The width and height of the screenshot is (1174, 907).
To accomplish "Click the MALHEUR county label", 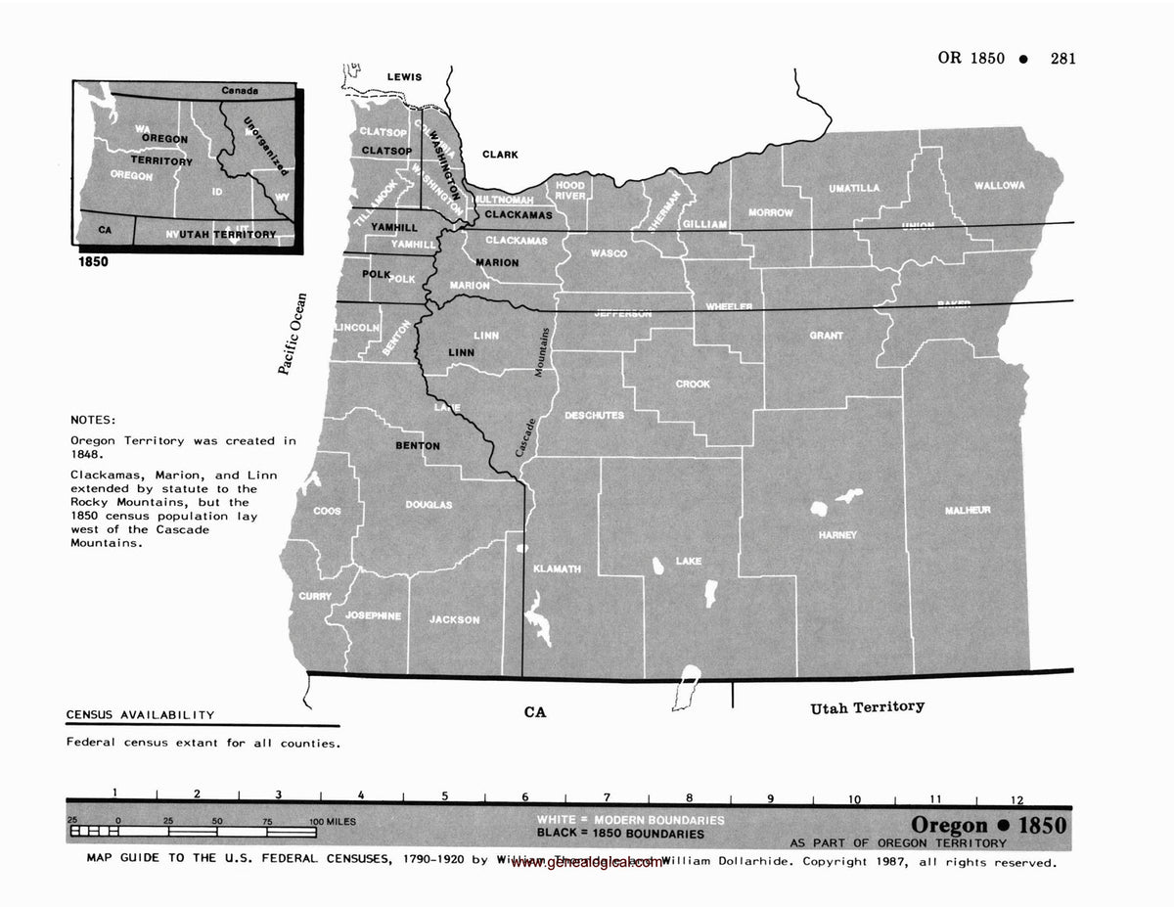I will pos(968,510).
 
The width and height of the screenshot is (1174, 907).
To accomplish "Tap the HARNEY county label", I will pos(837,535).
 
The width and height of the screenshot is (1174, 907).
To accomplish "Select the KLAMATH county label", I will pos(557,568).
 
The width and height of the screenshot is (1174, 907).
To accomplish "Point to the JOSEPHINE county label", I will pos(372,615).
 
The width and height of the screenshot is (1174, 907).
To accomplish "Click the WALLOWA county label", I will pos(999,185).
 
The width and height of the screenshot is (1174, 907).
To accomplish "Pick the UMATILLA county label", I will pos(854,188).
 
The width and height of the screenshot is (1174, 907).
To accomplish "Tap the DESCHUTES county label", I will pos(594,415).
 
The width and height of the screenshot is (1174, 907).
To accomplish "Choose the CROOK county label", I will pos(693,385).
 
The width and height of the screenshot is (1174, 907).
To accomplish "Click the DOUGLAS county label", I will pos(429,505).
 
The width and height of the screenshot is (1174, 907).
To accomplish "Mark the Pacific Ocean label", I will pos(292,334).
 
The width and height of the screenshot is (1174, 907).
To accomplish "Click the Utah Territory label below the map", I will pos(867,707).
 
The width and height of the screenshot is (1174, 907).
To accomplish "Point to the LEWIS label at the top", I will pos(404,77).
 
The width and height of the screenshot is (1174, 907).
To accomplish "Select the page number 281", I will pos(1062,58).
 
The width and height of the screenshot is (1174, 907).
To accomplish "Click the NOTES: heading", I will pos(93,419).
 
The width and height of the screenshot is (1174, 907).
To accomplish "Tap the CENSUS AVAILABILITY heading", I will pos(140,715).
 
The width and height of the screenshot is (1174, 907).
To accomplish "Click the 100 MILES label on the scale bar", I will pos(333,821).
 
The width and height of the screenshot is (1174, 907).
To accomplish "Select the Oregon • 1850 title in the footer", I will pos(988,824).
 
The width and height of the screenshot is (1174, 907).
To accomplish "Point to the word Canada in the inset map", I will pos(240,91).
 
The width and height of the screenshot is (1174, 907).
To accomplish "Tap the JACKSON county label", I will pos(454,619).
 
